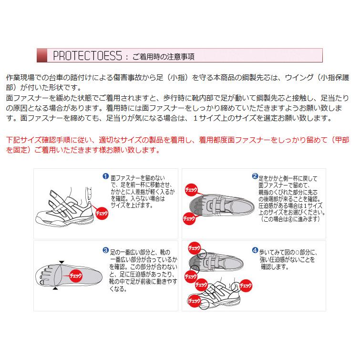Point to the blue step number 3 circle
coord(106,249)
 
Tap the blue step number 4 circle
coord(255,249)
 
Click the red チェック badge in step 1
coord(102,213)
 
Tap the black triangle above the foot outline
coord(62,262)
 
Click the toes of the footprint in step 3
coord(43,276)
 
